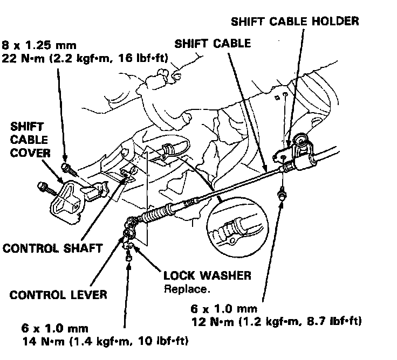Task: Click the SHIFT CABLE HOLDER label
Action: (295, 22)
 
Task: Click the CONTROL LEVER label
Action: (58, 295)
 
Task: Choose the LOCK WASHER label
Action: (207, 276)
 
